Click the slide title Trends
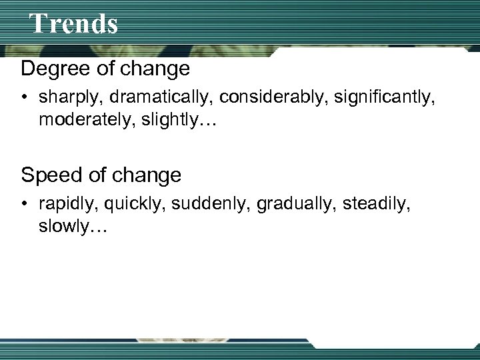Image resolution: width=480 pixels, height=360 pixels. pos(74,23)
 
